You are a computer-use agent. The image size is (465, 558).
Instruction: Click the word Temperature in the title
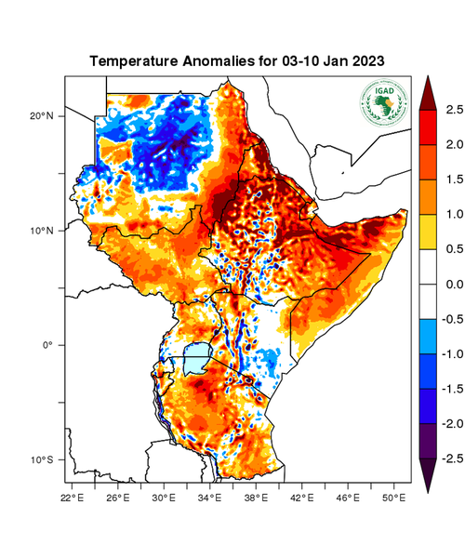pos(136,61)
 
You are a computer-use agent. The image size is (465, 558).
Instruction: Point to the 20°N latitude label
pos(42,116)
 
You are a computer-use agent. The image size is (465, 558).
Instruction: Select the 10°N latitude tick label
pos(42,231)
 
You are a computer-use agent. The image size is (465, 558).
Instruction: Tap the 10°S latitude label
pos(42,460)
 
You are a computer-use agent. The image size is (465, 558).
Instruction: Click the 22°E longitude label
pos(73,498)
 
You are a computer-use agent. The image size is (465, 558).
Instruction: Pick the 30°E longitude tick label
pos(164,498)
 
